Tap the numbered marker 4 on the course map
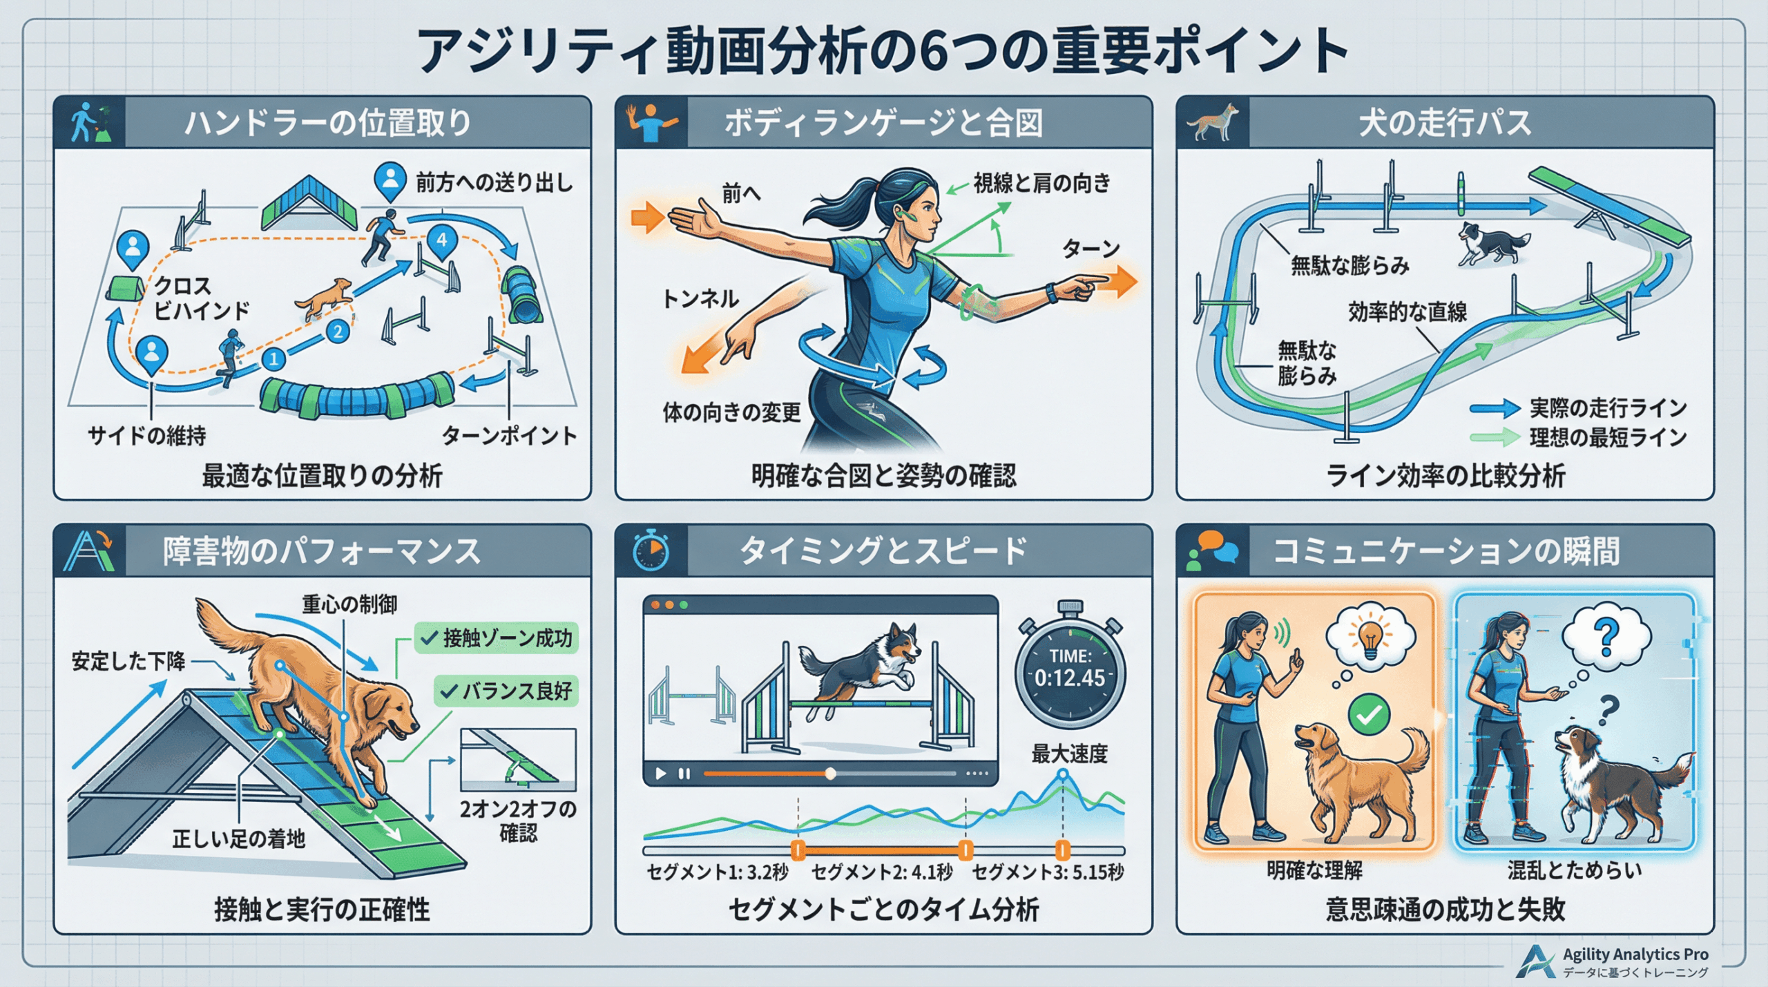(442, 241)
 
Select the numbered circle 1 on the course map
(274, 358)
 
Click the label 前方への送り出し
(494, 182)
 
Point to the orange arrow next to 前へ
(648, 218)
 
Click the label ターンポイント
(509, 435)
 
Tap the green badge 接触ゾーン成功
(497, 638)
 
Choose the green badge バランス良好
(506, 691)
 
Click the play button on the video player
(661, 774)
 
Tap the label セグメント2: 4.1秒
(882, 872)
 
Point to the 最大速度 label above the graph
(1069, 754)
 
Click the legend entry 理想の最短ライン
(1608, 437)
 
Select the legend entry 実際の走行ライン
(1608, 408)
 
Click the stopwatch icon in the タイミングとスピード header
(651, 550)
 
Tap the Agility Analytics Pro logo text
(1635, 954)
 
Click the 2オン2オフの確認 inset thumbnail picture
(518, 760)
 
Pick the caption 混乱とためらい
(1575, 870)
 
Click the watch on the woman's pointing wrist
(1050, 293)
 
